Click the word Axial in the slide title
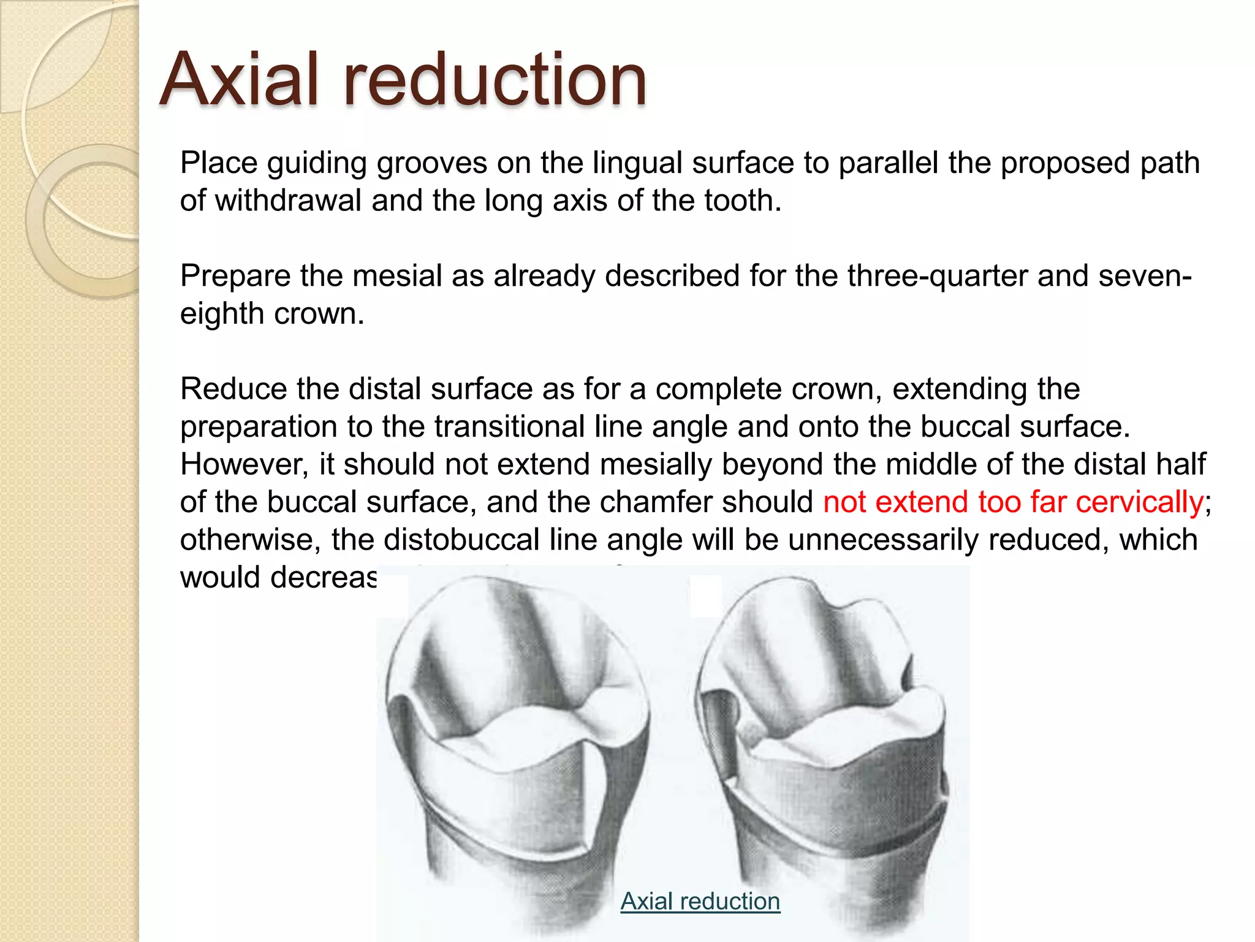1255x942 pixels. pos(239,80)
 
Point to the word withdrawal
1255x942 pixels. pos(288,201)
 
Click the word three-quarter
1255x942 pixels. pos(906,276)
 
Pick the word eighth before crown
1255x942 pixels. pos(222,314)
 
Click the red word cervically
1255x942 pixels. pos(1140,502)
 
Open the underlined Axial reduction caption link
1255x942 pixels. pos(700,902)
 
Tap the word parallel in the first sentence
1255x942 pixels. pos(888,163)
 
